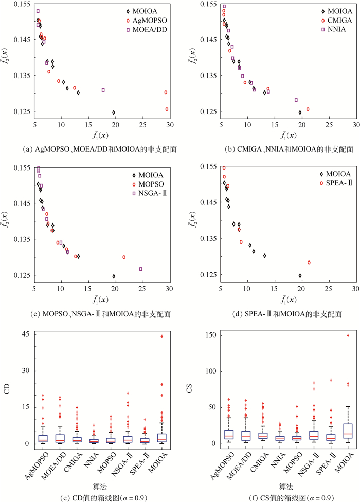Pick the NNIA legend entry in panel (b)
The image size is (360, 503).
tap(330, 30)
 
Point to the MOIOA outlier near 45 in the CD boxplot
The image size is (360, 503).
tap(162, 336)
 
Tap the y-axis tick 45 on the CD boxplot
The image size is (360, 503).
tap(24, 336)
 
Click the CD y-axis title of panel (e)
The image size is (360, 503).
tap(8, 389)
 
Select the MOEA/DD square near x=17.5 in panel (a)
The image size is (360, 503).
tap(103, 90)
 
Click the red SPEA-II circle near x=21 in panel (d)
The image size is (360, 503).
tap(309, 263)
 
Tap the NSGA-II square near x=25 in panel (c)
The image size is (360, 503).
tap(141, 269)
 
